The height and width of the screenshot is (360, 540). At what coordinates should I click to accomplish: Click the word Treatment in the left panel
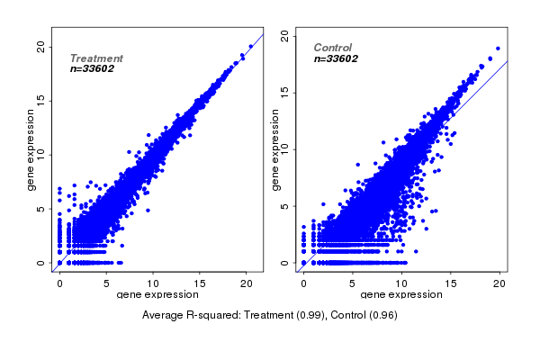tap(96, 58)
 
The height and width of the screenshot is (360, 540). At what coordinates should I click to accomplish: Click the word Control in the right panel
tap(333, 48)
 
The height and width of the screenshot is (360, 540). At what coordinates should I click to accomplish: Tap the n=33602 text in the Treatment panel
tap(92, 68)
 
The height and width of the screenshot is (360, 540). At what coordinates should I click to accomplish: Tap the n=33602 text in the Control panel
tap(336, 58)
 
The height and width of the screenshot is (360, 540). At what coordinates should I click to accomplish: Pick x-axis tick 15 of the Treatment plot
tap(200, 282)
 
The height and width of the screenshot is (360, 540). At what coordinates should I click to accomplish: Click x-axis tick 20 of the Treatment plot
tap(247, 282)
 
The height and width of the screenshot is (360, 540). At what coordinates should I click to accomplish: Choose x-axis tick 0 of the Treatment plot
tap(59, 282)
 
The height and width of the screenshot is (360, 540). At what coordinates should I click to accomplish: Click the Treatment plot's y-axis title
tap(31, 150)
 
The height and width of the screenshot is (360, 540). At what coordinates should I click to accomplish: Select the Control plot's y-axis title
tap(274, 150)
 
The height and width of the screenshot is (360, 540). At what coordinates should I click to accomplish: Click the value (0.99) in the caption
tap(314, 315)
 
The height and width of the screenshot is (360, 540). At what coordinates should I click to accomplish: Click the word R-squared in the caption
tap(212, 315)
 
